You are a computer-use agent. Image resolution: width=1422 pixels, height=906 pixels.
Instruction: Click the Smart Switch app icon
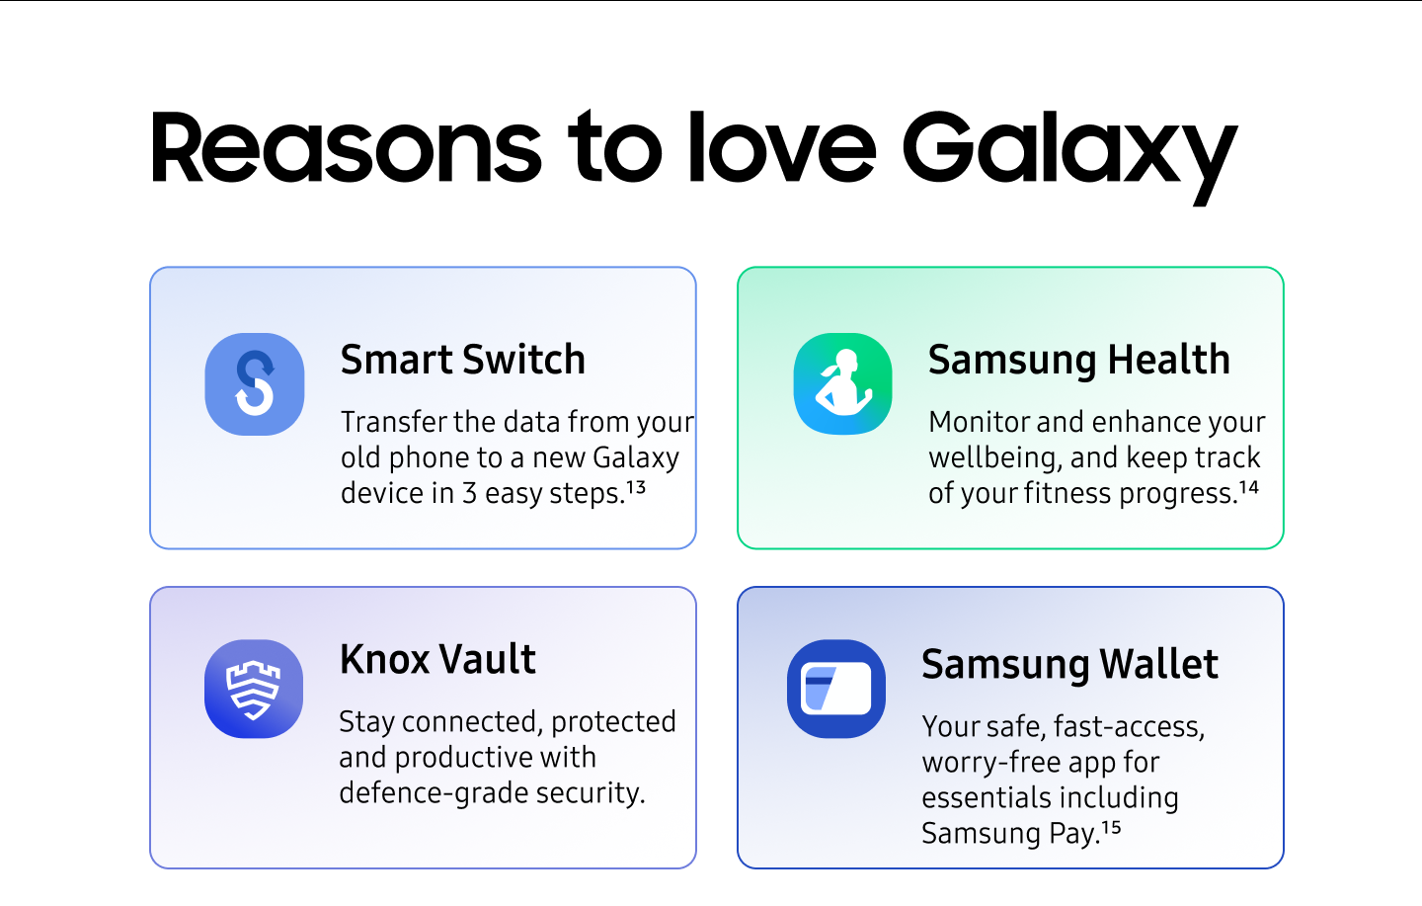(255, 383)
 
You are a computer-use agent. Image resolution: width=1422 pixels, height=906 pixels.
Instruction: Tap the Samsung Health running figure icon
(842, 383)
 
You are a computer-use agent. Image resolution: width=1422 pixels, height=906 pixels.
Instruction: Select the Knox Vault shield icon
(254, 689)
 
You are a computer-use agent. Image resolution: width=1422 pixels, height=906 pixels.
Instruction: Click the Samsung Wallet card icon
(836, 689)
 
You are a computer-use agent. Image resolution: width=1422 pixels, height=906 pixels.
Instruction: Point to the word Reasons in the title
(346, 148)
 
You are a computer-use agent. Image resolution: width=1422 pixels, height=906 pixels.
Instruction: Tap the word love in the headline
(781, 148)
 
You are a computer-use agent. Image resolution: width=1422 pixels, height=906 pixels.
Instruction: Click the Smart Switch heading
(462, 360)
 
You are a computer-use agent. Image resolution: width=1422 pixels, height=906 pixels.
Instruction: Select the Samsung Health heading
(1078, 360)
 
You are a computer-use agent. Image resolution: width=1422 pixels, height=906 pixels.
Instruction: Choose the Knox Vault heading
(437, 659)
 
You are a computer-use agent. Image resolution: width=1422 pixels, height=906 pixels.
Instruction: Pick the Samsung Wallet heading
(1069, 664)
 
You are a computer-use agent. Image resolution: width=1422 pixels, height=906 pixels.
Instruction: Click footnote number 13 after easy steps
(636, 487)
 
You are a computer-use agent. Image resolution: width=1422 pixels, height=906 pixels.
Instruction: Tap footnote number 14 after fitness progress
(1249, 487)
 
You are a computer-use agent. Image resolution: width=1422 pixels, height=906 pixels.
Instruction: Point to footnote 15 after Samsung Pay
(1112, 827)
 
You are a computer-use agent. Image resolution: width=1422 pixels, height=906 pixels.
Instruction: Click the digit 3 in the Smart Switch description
(470, 493)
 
